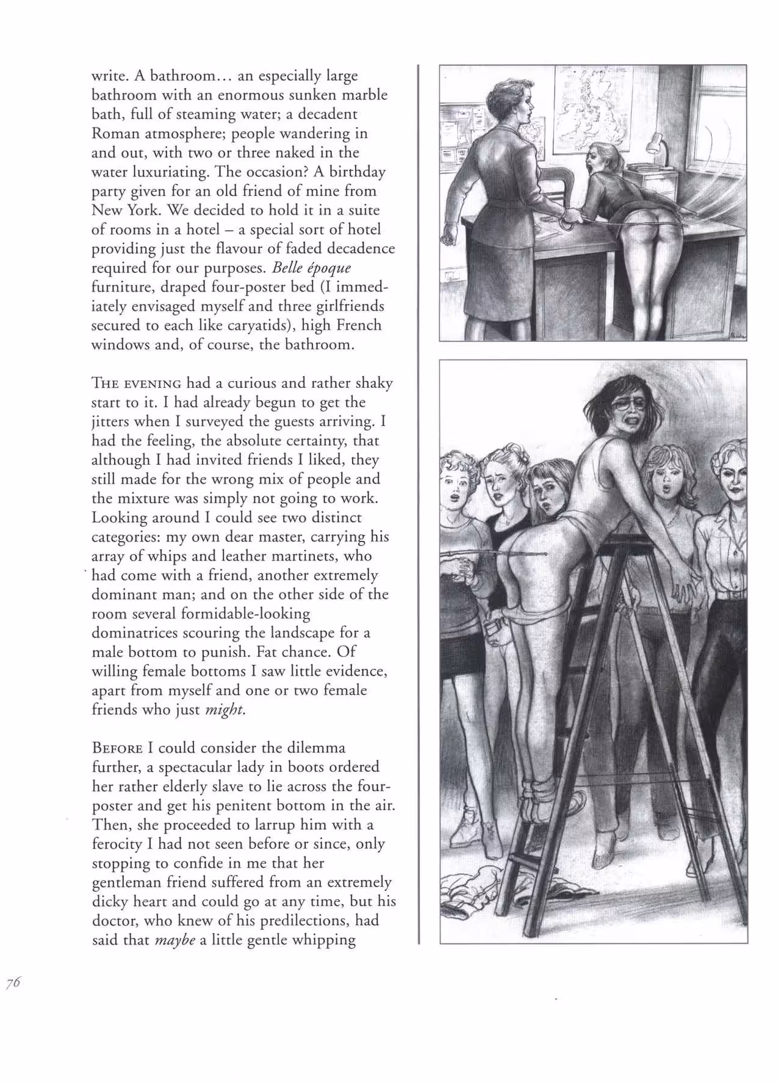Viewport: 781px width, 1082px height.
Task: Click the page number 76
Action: (x=13, y=1000)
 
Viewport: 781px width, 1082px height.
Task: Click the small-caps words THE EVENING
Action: (x=136, y=383)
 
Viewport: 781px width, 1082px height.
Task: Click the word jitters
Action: (x=110, y=421)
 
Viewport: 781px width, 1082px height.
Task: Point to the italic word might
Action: (x=225, y=710)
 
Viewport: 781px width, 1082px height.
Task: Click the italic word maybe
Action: (x=175, y=940)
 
